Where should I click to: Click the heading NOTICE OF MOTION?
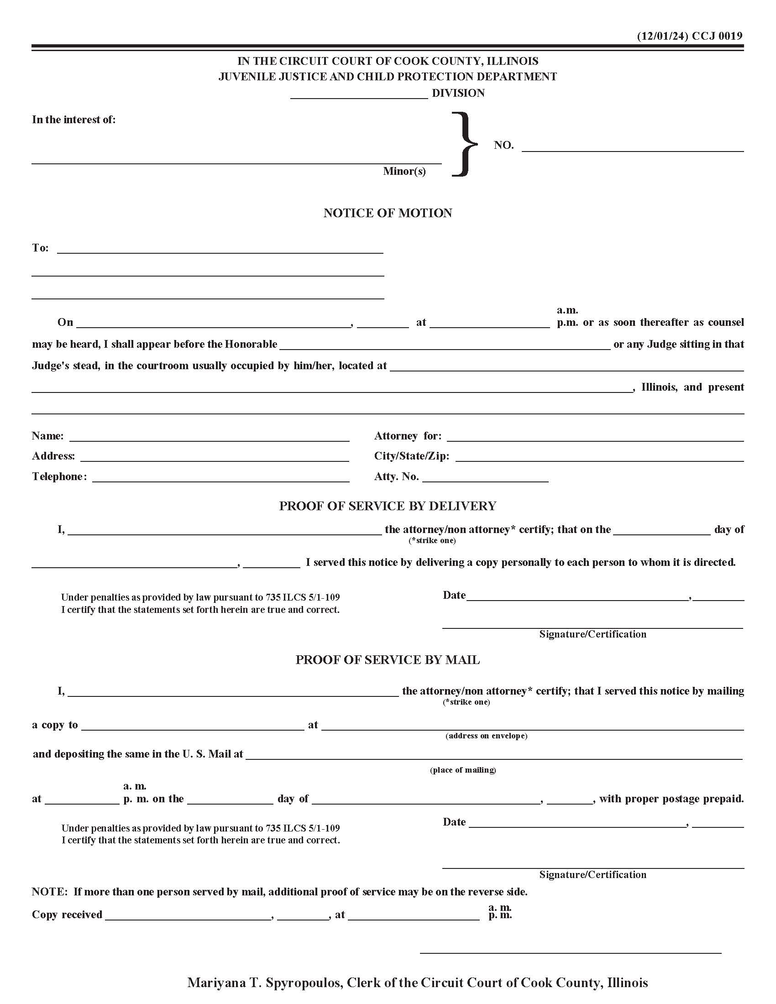(388, 213)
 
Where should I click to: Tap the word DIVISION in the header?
(458, 93)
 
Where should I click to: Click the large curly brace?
(464, 144)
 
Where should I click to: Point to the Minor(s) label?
(404, 172)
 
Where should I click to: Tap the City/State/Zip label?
(411, 456)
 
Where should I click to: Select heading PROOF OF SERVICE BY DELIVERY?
(388, 506)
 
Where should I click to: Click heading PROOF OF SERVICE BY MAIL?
(388, 660)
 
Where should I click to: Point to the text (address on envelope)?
(486, 736)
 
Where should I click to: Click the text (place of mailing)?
(463, 770)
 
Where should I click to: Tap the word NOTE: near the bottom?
(50, 892)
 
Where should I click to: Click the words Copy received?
(67, 915)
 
